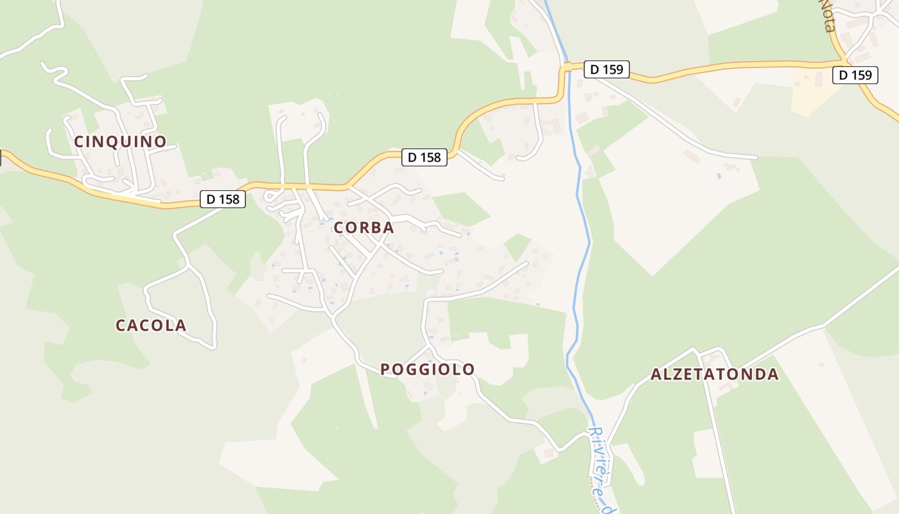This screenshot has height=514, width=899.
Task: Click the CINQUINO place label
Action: (120, 141)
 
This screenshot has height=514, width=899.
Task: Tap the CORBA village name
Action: (363, 227)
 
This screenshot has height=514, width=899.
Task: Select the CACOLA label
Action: (151, 326)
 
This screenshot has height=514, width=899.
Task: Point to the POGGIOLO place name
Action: (428, 369)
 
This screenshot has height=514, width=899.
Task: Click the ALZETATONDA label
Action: (715, 375)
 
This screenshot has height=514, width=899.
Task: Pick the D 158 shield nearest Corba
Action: (424, 157)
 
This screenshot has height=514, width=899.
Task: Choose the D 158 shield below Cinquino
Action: (223, 199)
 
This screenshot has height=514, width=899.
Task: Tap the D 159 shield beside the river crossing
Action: (606, 69)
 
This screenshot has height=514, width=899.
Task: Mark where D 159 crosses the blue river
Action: (567, 66)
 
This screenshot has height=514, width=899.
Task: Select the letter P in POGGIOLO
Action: (386, 369)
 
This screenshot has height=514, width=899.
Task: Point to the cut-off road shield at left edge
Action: (1, 158)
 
